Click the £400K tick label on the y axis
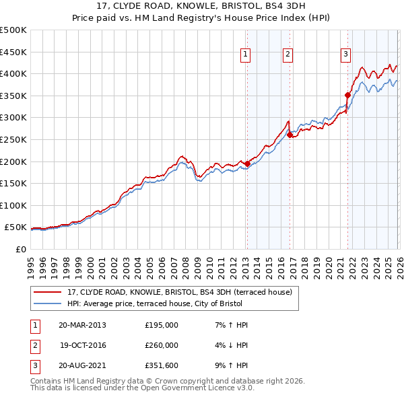(x=13, y=73)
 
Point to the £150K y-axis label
(x=13, y=183)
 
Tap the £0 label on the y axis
(x=21, y=249)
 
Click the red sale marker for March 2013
(x=247, y=164)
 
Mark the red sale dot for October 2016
(x=290, y=135)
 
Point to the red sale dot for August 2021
(x=348, y=95)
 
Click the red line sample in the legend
(x=48, y=293)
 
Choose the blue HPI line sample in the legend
(x=48, y=303)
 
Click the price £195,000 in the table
(x=162, y=325)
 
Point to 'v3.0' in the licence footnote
(x=244, y=388)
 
